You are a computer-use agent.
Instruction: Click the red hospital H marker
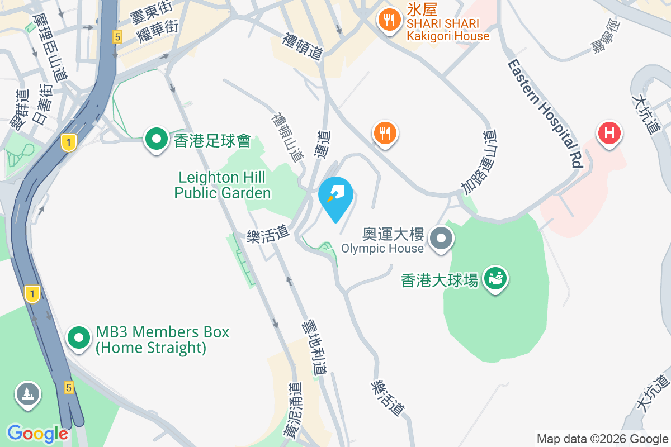609,134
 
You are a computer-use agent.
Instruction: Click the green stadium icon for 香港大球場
495,277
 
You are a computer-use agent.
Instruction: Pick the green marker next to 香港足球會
157,138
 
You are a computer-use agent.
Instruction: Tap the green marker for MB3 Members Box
79,337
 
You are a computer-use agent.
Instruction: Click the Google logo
37,433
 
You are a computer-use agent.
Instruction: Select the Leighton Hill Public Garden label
223,186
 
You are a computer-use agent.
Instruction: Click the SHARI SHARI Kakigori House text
448,30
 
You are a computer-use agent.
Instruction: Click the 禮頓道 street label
303,46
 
